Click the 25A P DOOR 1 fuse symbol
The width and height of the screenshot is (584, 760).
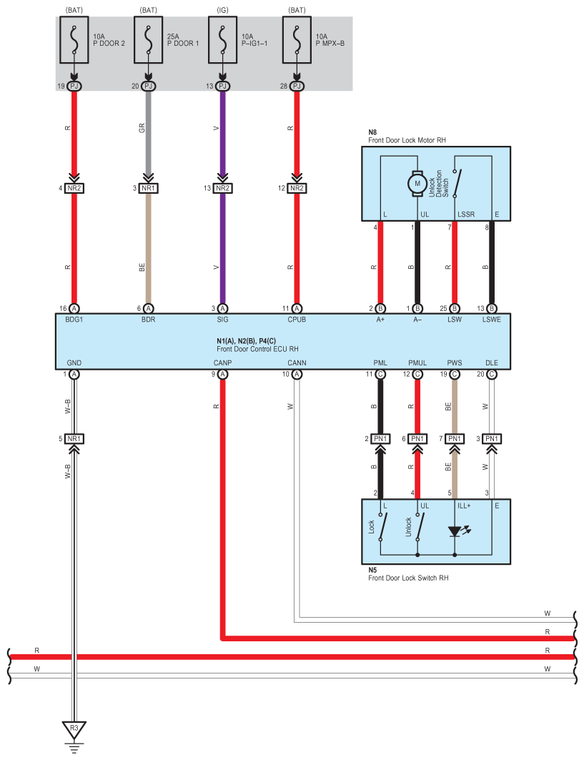(x=148, y=40)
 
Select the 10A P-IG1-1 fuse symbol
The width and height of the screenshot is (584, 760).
(x=222, y=40)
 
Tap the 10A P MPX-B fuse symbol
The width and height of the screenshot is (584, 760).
(x=297, y=40)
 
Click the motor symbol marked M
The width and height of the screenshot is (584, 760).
(x=417, y=184)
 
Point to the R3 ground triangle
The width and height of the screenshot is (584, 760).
(x=74, y=729)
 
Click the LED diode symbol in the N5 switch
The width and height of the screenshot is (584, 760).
(x=455, y=531)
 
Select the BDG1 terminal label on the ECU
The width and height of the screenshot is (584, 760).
(x=74, y=320)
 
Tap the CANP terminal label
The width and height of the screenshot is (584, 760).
(x=222, y=362)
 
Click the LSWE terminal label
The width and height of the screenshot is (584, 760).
(x=492, y=320)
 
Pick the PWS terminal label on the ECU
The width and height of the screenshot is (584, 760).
(x=455, y=362)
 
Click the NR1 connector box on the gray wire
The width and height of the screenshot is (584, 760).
(x=148, y=188)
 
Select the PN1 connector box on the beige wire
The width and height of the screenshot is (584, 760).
(x=455, y=439)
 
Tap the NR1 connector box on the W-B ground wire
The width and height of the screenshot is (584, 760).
(x=74, y=439)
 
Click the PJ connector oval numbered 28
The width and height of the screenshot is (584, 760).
(x=297, y=87)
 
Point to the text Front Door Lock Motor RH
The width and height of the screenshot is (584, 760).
(x=407, y=140)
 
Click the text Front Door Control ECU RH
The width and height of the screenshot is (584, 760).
(x=257, y=349)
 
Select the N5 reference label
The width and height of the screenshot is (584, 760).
(x=372, y=570)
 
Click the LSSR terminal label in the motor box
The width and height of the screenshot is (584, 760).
(x=466, y=214)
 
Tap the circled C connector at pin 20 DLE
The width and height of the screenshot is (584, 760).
(x=492, y=374)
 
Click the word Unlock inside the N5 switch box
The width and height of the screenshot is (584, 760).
(x=409, y=527)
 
